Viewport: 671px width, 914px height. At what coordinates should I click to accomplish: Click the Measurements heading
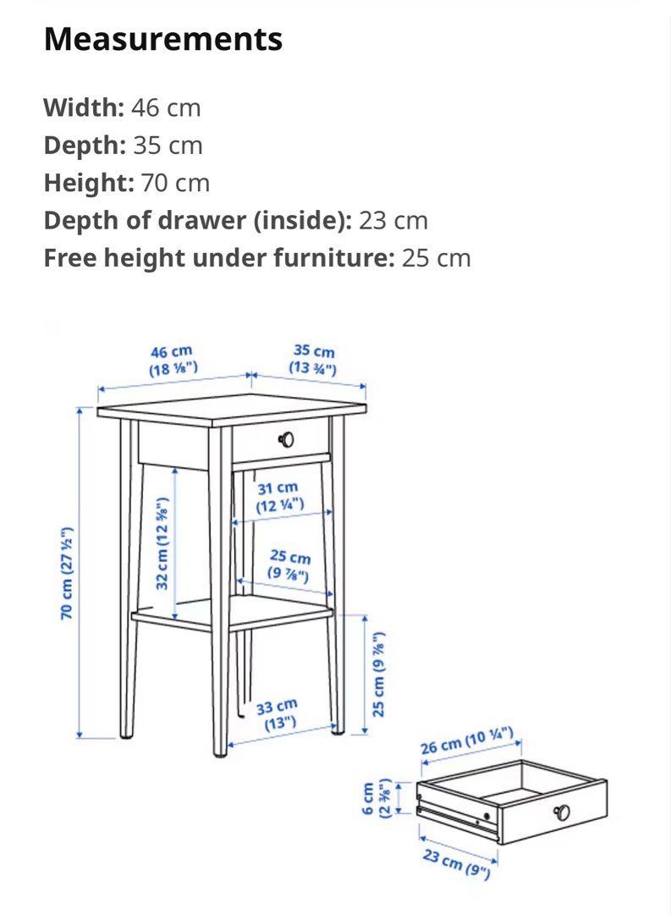pyautogui.click(x=163, y=39)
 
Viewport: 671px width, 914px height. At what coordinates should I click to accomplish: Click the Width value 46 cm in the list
pyautogui.click(x=166, y=107)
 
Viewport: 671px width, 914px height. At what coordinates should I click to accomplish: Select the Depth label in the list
pyautogui.click(x=84, y=146)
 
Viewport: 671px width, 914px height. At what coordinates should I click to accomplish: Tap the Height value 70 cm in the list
pyautogui.click(x=174, y=183)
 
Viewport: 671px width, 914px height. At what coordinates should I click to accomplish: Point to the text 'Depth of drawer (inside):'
pyautogui.click(x=197, y=221)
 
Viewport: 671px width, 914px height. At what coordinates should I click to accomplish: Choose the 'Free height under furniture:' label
pyautogui.click(x=218, y=258)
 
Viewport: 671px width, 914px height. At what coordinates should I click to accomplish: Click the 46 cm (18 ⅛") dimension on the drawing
pyautogui.click(x=173, y=359)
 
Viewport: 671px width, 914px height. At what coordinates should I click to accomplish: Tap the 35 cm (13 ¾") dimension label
pyautogui.click(x=313, y=359)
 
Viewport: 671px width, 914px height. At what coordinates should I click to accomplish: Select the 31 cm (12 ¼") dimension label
pyautogui.click(x=279, y=497)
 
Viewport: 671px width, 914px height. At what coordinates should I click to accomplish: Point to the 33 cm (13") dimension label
pyautogui.click(x=277, y=713)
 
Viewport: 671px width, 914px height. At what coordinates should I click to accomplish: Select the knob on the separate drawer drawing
pyautogui.click(x=561, y=812)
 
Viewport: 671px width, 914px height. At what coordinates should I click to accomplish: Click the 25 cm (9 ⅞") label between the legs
pyautogui.click(x=289, y=566)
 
